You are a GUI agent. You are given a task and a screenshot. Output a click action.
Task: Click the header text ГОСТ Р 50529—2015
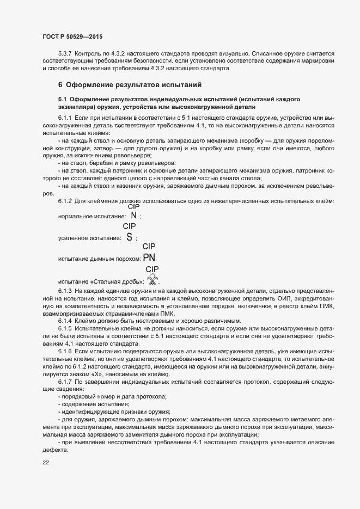(72, 36)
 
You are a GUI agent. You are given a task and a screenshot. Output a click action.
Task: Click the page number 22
(45, 463)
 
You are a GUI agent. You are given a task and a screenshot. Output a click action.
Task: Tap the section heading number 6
(60, 85)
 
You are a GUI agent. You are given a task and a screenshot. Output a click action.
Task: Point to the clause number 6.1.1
(66, 118)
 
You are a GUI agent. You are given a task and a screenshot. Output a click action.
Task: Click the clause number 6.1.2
(66, 202)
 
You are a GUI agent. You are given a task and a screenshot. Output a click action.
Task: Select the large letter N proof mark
(133, 216)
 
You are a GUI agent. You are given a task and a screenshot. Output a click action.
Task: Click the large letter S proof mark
(129, 237)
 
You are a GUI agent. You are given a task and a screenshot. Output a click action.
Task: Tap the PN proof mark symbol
(149, 257)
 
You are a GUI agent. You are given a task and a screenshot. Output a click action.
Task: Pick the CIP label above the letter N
(133, 207)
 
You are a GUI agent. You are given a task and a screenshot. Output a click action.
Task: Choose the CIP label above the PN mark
(149, 246)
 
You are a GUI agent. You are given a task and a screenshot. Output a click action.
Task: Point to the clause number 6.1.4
(66, 321)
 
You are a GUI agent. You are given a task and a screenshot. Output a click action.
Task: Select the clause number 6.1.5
(66, 329)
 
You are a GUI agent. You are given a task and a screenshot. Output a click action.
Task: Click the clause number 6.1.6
(66, 352)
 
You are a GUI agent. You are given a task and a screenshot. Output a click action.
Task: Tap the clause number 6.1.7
(66, 382)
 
